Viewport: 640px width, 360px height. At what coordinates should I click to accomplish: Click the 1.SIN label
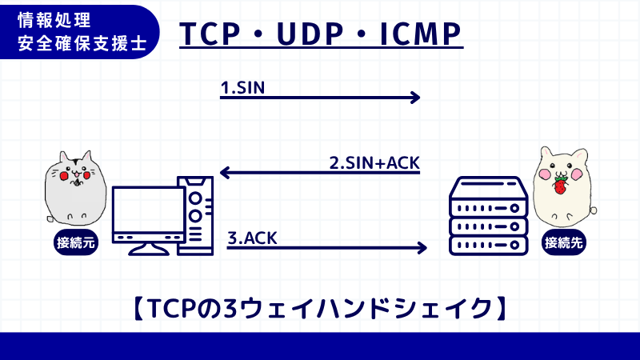pyautogui.click(x=242, y=86)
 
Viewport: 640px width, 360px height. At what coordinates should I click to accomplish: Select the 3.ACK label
pyautogui.click(x=253, y=237)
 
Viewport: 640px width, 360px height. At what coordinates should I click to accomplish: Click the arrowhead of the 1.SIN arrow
pyautogui.click(x=414, y=98)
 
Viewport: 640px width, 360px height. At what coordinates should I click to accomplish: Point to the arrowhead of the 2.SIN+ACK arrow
pyautogui.click(x=226, y=172)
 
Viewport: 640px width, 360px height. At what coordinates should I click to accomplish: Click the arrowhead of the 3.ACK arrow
pyautogui.click(x=422, y=248)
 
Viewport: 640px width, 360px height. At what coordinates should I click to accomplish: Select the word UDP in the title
pyautogui.click(x=309, y=34)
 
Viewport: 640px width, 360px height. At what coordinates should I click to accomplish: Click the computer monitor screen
pyautogui.click(x=149, y=210)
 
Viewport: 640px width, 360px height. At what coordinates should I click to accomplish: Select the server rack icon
pyautogui.click(x=488, y=216)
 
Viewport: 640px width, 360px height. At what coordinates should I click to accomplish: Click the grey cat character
pyautogui.click(x=74, y=188)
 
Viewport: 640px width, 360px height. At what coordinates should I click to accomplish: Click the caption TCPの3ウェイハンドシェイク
pyautogui.click(x=320, y=308)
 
